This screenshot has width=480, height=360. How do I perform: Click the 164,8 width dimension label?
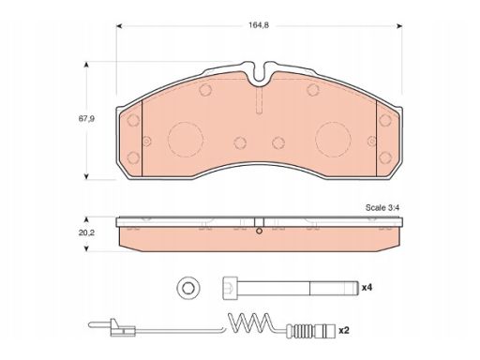tap(259, 25)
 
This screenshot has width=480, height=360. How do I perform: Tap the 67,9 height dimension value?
tap(86, 119)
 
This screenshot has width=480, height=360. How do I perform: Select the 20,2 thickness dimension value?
tap(86, 232)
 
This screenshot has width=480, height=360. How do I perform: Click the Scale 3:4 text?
tap(382, 207)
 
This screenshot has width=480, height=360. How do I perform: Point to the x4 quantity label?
tap(367, 287)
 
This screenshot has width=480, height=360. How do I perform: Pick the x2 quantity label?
tap(344, 330)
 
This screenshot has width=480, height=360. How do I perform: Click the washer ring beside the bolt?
tap(188, 288)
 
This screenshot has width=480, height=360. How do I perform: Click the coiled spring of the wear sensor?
tap(250, 323)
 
